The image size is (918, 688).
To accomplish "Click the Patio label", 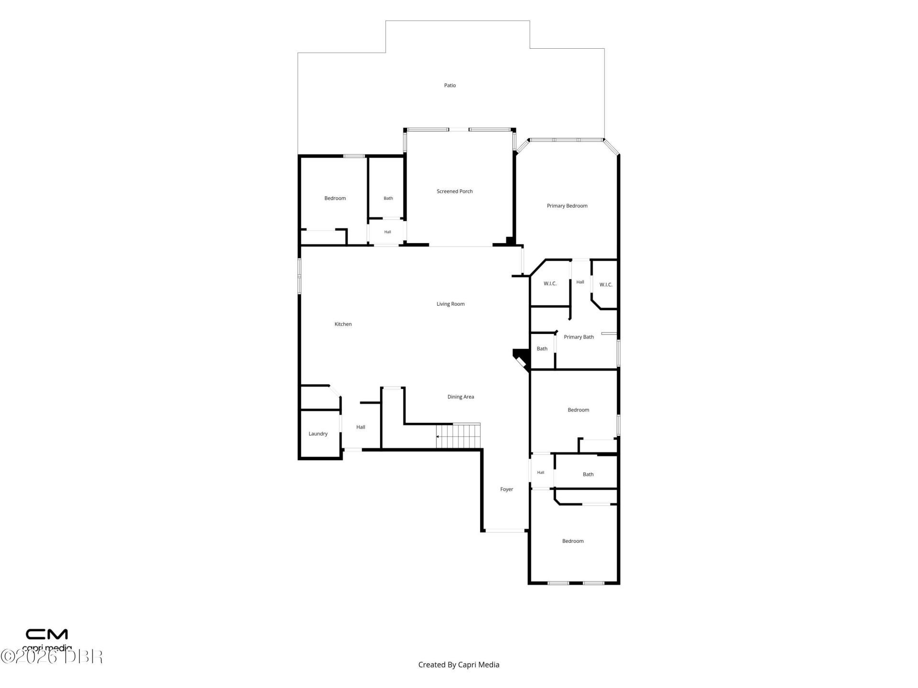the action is click(x=450, y=86).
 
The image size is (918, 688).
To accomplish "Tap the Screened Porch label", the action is click(x=455, y=192).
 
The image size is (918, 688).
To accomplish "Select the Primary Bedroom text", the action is click(x=567, y=206).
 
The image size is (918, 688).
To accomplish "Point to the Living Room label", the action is click(x=450, y=304).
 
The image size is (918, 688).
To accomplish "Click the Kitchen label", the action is click(x=343, y=324).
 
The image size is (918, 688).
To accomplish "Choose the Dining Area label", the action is click(x=461, y=397).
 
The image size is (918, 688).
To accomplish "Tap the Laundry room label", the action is click(x=318, y=434).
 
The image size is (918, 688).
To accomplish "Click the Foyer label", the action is click(x=507, y=489).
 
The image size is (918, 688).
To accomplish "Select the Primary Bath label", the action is click(x=579, y=337).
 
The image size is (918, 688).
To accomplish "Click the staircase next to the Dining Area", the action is click(x=458, y=436).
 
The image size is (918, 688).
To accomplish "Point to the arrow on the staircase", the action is click(x=438, y=437).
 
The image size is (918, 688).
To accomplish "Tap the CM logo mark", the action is click(x=47, y=634).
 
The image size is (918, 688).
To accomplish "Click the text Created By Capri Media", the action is click(x=459, y=665).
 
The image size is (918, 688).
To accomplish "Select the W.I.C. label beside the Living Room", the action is click(x=550, y=284).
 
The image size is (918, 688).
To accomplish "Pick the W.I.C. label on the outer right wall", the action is click(x=606, y=285).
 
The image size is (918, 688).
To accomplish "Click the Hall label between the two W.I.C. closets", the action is click(x=580, y=282).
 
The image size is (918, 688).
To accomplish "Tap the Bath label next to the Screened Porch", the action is click(x=388, y=198).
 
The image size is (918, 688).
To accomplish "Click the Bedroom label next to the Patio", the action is click(x=335, y=198).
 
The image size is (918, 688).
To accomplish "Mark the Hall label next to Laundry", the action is click(x=361, y=427).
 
